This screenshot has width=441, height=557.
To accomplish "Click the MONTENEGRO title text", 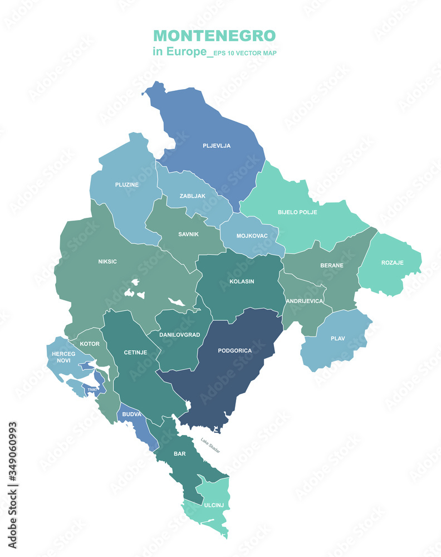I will (214, 36).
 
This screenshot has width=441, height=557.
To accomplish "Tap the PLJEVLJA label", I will (217, 146).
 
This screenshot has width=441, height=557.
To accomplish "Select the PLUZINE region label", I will (127, 184).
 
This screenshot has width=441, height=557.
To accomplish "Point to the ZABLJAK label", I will (193, 196).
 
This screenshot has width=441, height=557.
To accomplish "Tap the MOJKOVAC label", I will (252, 236).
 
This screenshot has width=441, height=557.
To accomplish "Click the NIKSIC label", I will (107, 261).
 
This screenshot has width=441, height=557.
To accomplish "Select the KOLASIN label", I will (242, 281).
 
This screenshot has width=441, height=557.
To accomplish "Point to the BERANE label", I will (332, 266).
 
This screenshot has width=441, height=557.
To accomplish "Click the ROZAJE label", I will (393, 263).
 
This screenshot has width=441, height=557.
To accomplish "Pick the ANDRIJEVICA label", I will (305, 301).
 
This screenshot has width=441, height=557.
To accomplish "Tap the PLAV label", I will (338, 339).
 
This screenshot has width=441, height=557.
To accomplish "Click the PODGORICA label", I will (235, 351).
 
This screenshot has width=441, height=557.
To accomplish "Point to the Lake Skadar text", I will (210, 446).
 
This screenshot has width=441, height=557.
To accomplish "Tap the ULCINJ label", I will (213, 505).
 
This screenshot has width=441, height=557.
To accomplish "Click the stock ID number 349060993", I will (13, 485).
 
